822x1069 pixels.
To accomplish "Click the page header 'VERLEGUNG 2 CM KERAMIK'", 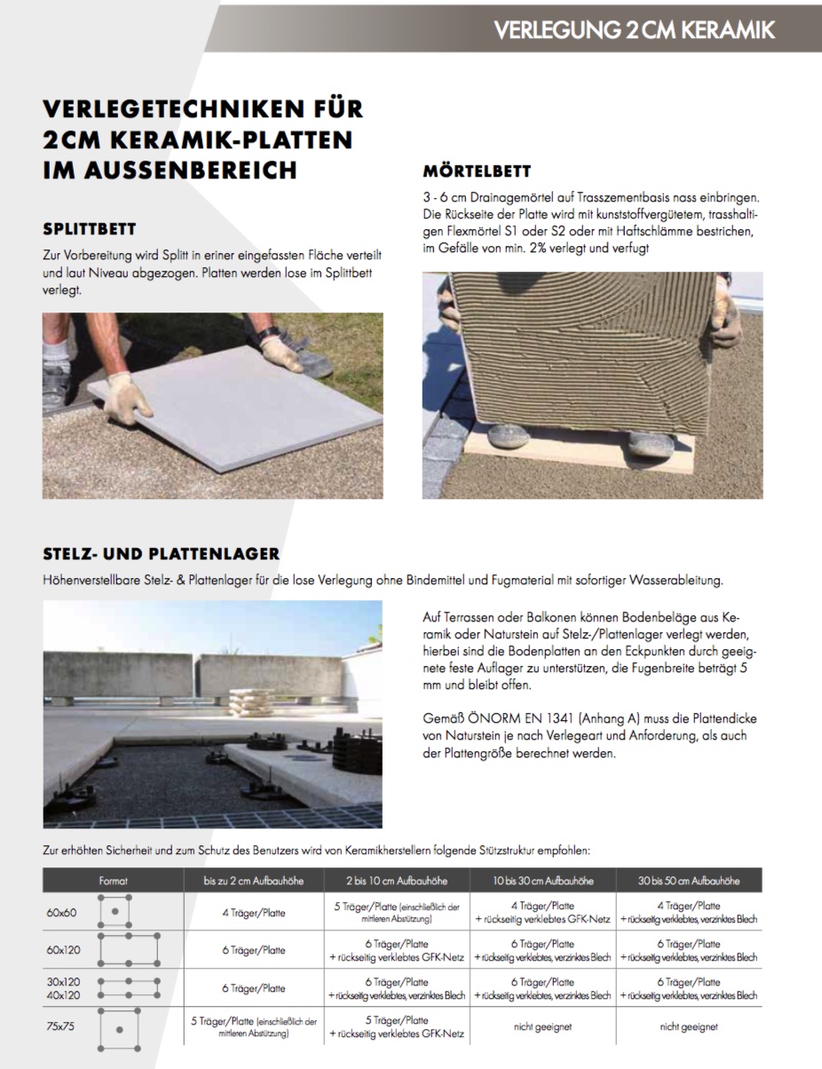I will click(x=634, y=29).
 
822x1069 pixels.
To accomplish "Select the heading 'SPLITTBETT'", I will click(x=90, y=229).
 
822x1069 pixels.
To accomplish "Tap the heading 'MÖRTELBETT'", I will click(x=477, y=170).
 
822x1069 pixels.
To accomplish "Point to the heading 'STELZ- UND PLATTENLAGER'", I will click(x=162, y=554).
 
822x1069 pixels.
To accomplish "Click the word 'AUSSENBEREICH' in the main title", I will click(x=170, y=170).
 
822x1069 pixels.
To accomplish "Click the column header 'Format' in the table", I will click(x=114, y=881).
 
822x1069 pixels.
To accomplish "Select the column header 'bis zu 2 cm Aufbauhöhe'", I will click(x=254, y=881).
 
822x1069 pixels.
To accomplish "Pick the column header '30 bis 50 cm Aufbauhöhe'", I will click(x=688, y=881).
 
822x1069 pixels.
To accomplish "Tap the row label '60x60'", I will click(x=61, y=912).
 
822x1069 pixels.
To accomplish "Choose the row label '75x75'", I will click(x=61, y=1025).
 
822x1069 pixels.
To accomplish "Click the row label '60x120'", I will click(x=63, y=949).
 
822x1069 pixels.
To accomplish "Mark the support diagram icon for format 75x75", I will click(x=118, y=1028).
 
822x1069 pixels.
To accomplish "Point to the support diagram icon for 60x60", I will click(x=115, y=911).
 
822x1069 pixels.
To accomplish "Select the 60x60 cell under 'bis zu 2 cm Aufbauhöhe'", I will click(x=254, y=912).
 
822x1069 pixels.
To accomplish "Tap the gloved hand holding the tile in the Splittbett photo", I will click(x=130, y=397).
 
